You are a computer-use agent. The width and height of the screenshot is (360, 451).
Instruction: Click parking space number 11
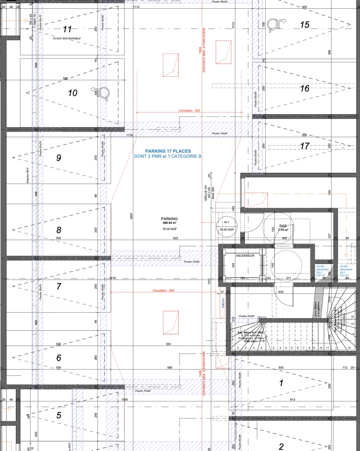pos(67,29)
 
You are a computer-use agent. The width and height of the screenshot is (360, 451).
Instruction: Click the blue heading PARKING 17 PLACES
pos(167,151)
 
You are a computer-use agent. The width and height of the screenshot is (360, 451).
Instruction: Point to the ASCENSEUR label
pos(246,255)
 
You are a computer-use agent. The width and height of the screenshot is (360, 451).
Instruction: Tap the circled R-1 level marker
pos(227,223)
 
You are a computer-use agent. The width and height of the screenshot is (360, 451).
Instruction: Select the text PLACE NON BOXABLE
pos(67,38)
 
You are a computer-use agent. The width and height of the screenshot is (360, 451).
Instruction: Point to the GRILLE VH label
pos(206,193)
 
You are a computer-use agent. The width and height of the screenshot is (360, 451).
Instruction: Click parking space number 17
pos(305,146)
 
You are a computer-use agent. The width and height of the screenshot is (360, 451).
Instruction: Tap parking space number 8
pos(59,230)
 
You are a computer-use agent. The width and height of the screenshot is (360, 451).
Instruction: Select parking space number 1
pos(281,383)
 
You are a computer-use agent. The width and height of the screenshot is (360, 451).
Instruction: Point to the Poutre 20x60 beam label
pos(246,316)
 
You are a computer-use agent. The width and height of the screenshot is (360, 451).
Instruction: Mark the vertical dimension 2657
pos(131,216)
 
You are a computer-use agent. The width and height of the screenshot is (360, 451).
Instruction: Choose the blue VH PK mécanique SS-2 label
pos(322,271)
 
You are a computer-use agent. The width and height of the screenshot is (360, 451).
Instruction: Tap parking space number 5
pos(59,415)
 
